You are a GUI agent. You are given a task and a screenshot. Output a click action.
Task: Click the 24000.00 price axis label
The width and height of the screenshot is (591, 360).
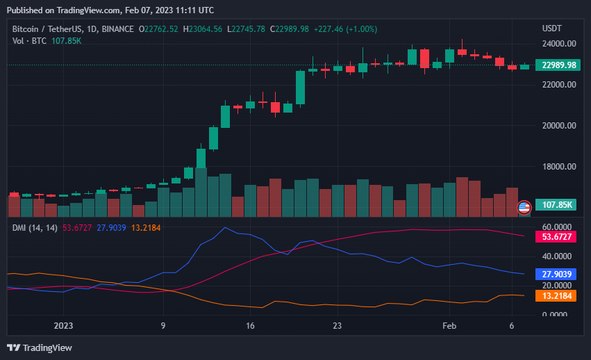559,43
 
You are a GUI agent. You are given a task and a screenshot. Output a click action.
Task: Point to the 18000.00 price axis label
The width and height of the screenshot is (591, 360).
559,167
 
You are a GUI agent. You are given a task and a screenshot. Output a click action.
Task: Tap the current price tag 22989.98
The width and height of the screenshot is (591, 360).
559,65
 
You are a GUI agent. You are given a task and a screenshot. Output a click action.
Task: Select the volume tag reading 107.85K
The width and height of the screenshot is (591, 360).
557,205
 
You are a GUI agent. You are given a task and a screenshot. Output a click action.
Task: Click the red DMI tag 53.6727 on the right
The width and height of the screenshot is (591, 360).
558,237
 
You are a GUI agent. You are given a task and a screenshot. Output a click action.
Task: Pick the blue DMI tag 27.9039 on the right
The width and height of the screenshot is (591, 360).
558,275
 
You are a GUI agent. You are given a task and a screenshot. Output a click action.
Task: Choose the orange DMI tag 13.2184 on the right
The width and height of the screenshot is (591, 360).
558,296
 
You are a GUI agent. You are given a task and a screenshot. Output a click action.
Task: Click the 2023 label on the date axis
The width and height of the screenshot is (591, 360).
63,325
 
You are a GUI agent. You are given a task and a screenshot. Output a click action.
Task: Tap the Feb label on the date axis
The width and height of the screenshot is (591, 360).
449,325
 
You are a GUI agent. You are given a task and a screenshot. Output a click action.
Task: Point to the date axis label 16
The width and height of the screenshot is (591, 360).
250,325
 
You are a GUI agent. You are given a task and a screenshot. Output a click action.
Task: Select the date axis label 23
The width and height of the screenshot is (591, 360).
337,325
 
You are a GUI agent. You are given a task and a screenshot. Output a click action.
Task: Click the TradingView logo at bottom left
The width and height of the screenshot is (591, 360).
40,347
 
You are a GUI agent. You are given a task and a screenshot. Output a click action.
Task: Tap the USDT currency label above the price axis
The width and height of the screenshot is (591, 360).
553,28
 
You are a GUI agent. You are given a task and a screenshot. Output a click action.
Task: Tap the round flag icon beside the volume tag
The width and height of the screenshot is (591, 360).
524,206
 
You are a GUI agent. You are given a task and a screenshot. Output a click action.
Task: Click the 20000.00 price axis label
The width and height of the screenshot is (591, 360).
559,126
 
